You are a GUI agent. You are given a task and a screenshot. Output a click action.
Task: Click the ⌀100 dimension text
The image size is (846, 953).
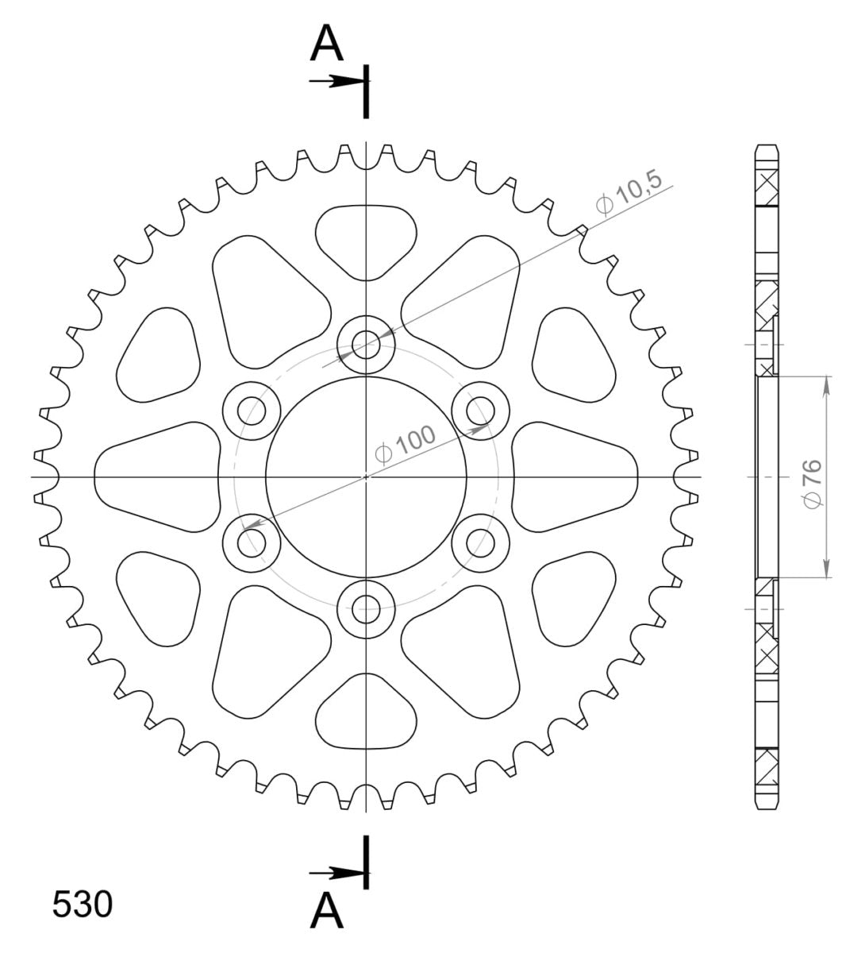click(x=405, y=444)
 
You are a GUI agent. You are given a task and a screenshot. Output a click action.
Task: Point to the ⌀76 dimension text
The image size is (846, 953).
click(x=812, y=484)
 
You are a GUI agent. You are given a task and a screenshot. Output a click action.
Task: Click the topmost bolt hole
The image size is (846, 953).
click(x=366, y=345)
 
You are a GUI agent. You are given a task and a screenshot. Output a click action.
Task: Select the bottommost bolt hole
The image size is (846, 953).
click(x=366, y=609)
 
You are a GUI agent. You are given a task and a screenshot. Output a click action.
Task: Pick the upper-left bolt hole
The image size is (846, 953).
click(x=252, y=411)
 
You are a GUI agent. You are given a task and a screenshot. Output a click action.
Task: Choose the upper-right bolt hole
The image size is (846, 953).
click(x=480, y=411)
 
